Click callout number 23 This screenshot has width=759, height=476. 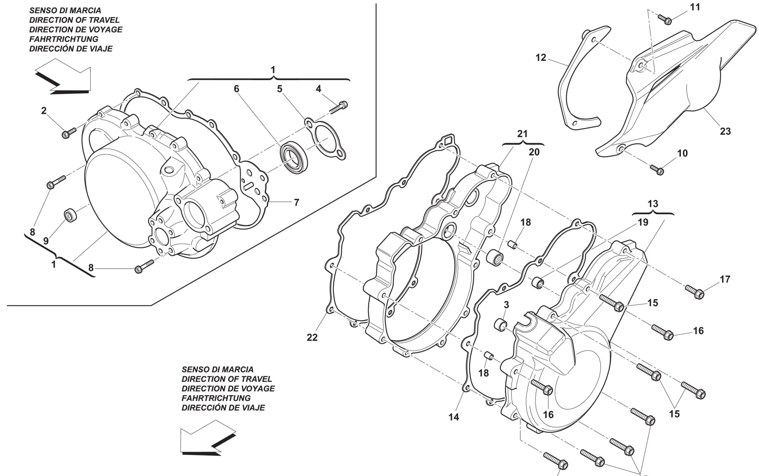point(725,131)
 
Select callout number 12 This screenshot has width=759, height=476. point(541,58)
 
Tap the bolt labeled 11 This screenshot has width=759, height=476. point(665,19)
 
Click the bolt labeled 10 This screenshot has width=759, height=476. point(657,170)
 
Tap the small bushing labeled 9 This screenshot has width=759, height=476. point(71,215)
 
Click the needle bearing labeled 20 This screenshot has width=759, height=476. point(495,258)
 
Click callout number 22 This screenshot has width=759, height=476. point(312,337)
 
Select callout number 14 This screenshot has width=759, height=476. point(454,417)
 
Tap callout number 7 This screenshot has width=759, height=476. point(296,203)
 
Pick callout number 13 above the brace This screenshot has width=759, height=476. point(653,204)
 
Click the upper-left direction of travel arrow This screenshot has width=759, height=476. point(63,76)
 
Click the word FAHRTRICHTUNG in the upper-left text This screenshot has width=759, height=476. point(64,39)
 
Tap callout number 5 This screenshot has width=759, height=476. point(280,89)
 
